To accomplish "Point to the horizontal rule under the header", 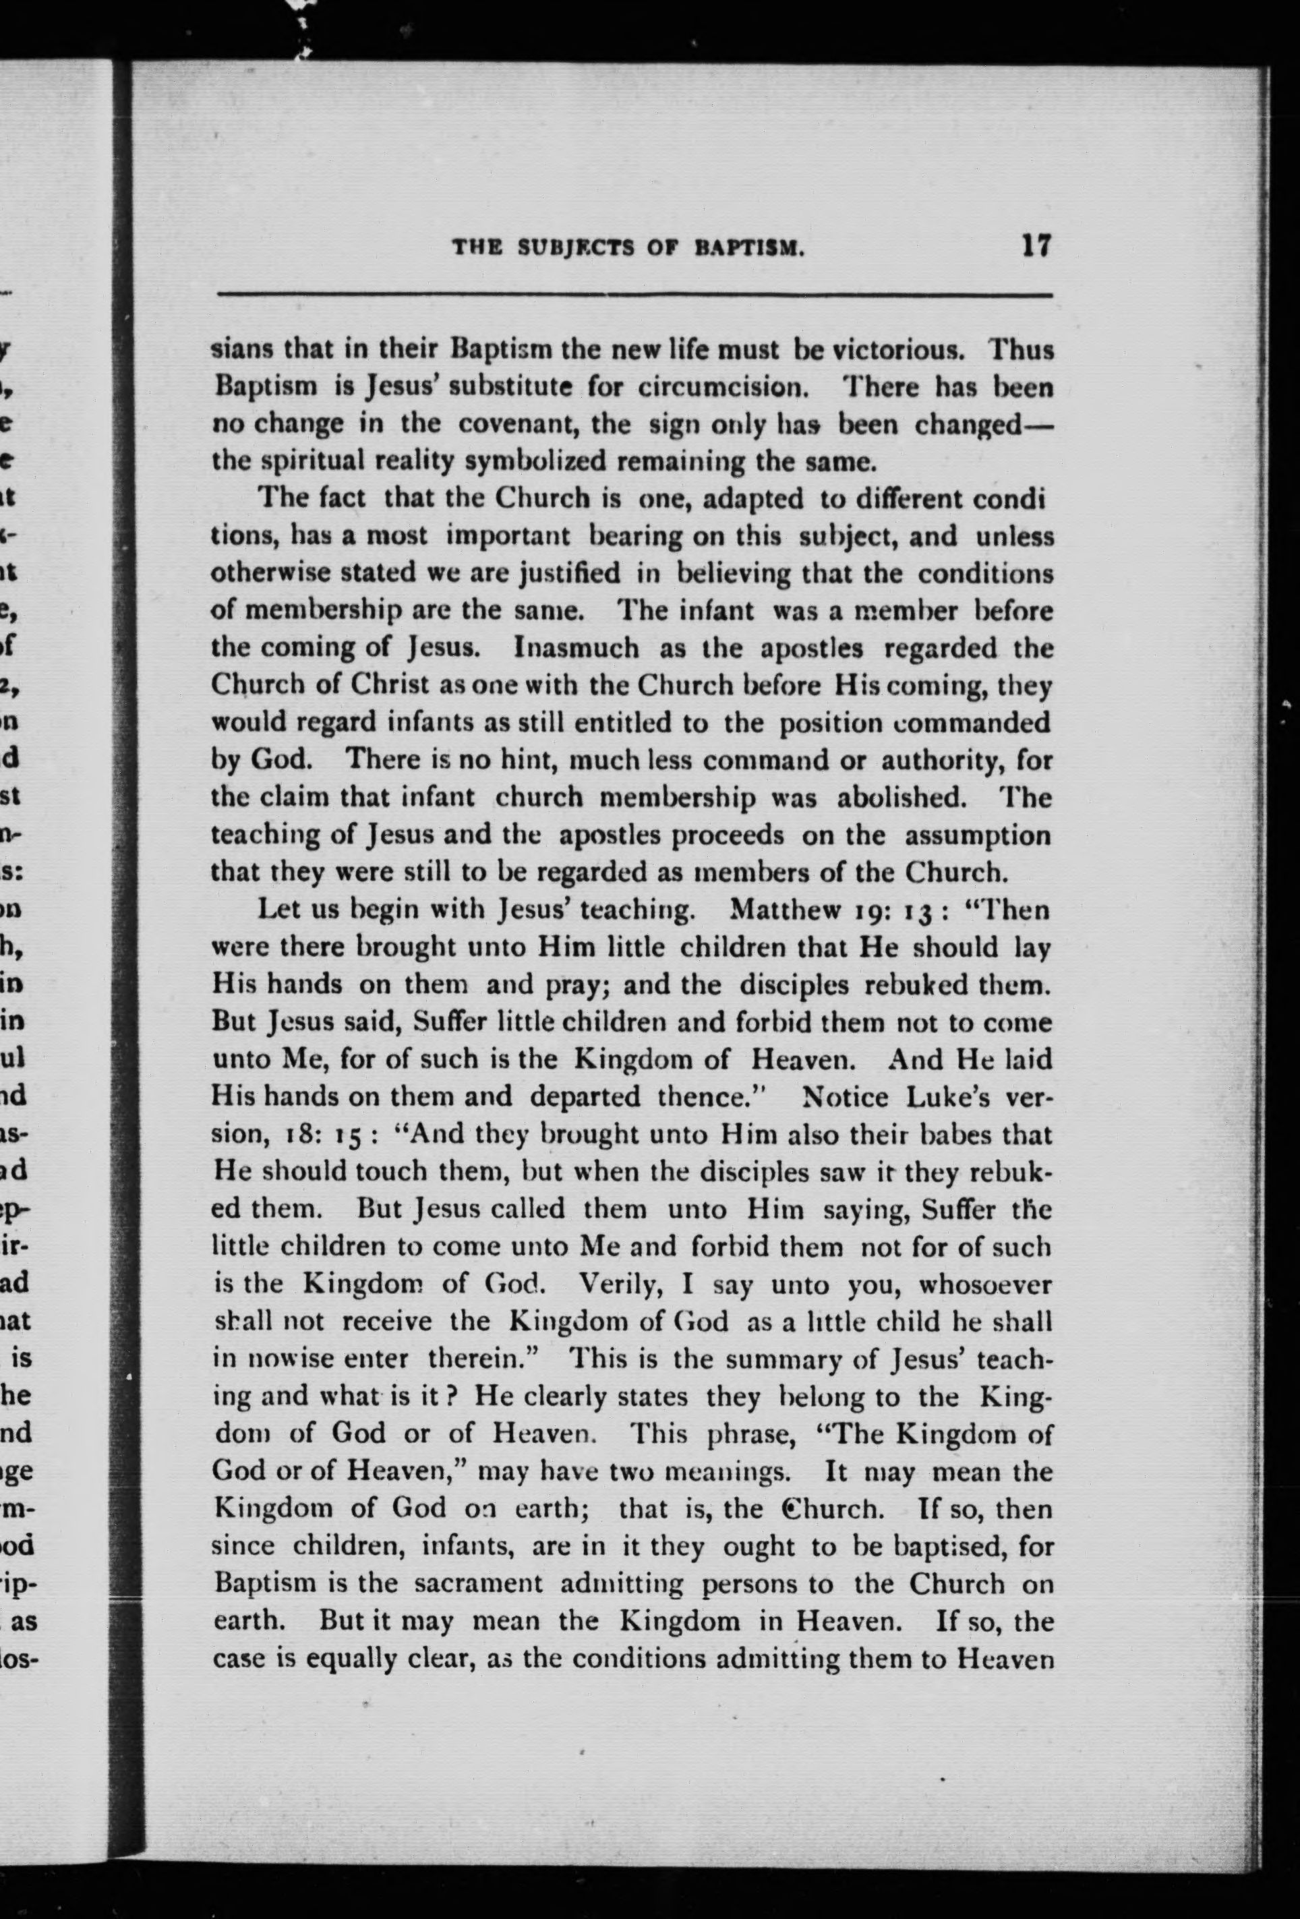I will pyautogui.click(x=634, y=295).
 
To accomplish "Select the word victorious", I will pyautogui.click(x=897, y=350).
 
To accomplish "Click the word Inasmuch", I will pyautogui.click(x=577, y=647).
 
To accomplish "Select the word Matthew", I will pyautogui.click(x=782, y=911).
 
